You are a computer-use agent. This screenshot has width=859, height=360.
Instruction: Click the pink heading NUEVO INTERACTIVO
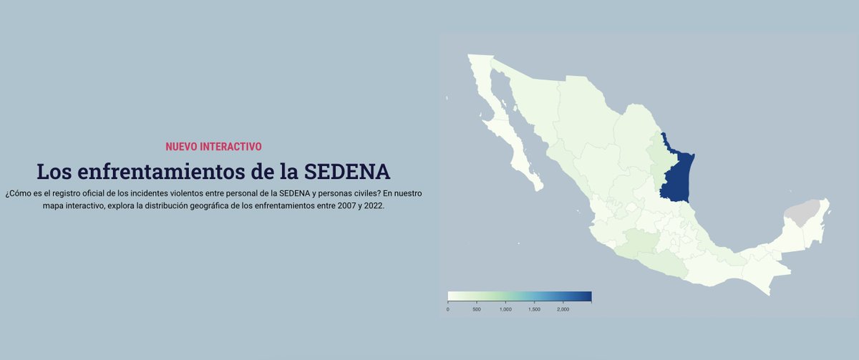[x=213, y=147]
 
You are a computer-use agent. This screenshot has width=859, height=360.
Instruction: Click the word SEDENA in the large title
[x=347, y=172]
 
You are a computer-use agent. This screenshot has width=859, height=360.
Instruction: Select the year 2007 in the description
[x=337, y=205]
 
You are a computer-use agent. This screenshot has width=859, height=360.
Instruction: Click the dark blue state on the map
[x=676, y=175]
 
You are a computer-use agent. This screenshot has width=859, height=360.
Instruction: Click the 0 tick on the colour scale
[x=448, y=309]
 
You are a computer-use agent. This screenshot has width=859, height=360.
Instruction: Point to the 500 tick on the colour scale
[x=477, y=309]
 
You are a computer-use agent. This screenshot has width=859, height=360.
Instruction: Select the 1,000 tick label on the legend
[x=505, y=309]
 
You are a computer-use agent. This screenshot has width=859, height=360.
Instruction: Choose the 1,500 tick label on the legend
[x=534, y=309]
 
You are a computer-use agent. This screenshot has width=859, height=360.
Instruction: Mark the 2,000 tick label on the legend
[x=563, y=309]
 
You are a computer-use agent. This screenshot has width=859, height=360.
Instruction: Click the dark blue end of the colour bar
[x=585, y=296]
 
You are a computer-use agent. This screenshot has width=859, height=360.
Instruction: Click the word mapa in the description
[x=54, y=205]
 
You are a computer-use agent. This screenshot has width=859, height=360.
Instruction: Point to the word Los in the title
[x=54, y=172]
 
